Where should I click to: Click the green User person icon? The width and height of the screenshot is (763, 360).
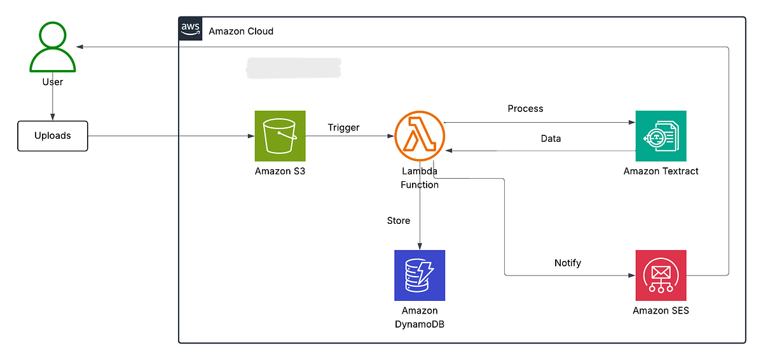[53, 48]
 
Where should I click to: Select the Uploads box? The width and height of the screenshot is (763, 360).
[53, 136]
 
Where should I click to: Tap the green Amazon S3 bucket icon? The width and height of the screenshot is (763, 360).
[280, 136]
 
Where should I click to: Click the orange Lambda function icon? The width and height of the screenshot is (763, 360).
[420, 136]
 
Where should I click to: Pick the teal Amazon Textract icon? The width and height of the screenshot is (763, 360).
[661, 136]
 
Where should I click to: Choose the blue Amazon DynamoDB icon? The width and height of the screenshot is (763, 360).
[420, 275]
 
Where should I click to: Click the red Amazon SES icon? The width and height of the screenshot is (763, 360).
[661, 275]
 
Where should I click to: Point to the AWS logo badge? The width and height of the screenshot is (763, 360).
[190, 29]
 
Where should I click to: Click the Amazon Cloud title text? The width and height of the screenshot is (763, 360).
[241, 31]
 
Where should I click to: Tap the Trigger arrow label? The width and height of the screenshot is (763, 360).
[343, 127]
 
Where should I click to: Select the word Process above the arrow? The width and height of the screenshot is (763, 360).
[525, 109]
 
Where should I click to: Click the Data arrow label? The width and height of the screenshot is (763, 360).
[551, 138]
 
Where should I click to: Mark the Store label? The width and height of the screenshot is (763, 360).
[399, 221]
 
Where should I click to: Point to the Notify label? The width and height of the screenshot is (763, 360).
[568, 263]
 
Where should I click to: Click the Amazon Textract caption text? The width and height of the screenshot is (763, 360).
[661, 171]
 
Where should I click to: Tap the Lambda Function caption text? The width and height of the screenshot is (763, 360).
[420, 178]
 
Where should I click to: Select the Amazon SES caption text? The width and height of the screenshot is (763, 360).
[661, 310]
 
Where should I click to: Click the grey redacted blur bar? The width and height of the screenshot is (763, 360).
[294, 68]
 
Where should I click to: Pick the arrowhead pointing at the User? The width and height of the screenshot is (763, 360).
[79, 46]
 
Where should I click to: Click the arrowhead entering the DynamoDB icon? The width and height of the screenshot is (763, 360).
[420, 246]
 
